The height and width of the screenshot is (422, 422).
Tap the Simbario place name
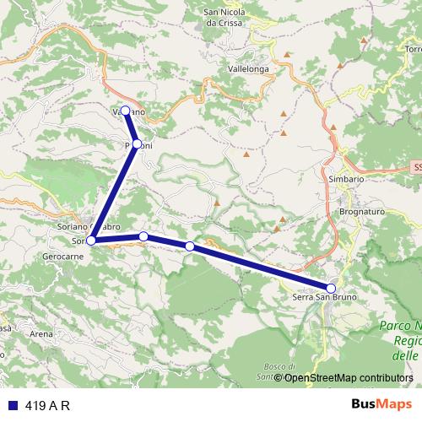(x=346, y=179)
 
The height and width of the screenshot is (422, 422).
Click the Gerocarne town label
(x=62, y=255)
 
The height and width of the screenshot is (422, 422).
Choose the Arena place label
(x=41, y=334)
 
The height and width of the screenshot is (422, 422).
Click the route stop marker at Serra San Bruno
(x=331, y=288)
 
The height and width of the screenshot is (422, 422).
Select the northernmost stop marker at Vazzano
(x=125, y=111)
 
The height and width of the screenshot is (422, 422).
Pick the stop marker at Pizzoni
(x=137, y=144)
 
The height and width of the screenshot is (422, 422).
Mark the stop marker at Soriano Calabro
(x=91, y=241)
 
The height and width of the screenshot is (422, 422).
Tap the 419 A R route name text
(x=46, y=406)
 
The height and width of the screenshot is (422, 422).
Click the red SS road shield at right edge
(x=416, y=168)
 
